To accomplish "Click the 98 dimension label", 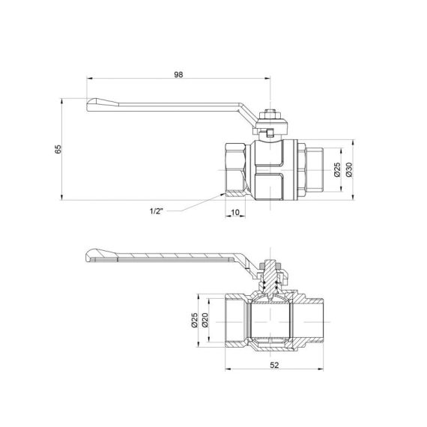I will pyautogui.click(x=178, y=74).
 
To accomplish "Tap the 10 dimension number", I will pyautogui.click(x=234, y=213).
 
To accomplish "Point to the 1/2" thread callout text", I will pyautogui.click(x=157, y=211).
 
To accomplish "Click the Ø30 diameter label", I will pyautogui.click(x=348, y=169).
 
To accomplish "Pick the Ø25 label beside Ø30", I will pyautogui.click(x=336, y=169).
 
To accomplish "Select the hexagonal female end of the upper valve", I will pyautogui.click(x=239, y=169).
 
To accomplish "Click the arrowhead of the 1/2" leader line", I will pyautogui.click(x=225, y=196).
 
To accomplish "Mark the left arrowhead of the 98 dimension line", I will pyautogui.click(x=89, y=79).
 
